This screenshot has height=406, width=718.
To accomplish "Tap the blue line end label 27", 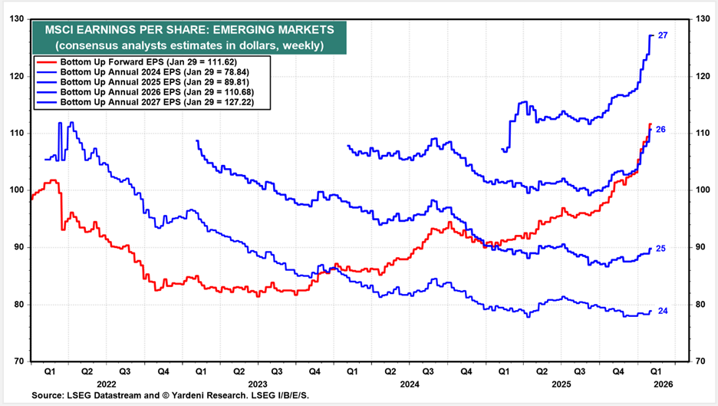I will click(x=663, y=35).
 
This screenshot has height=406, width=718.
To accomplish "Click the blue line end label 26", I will click(x=660, y=130).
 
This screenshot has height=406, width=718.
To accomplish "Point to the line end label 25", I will click(x=660, y=249).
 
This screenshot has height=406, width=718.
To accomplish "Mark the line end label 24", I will click(x=663, y=311).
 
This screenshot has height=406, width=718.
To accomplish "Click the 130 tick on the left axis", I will click(x=17, y=19).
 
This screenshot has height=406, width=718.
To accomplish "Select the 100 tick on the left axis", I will click(x=17, y=190).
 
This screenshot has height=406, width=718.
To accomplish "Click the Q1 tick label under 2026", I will click(x=656, y=372).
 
